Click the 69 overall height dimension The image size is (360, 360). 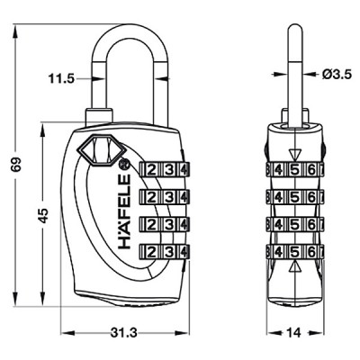pyautogui.click(x=16, y=164)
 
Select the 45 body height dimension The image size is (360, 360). pyautogui.click(x=44, y=215)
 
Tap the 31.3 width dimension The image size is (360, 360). pyautogui.click(x=123, y=332)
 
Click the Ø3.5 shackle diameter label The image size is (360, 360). pyautogui.click(x=337, y=75)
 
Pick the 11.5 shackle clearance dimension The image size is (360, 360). pyautogui.click(x=61, y=79)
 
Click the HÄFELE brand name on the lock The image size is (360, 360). pyautogui.click(x=124, y=211)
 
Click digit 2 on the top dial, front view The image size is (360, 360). pyautogui.click(x=152, y=170)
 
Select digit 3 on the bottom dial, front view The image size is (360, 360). pyautogui.click(x=170, y=251)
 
